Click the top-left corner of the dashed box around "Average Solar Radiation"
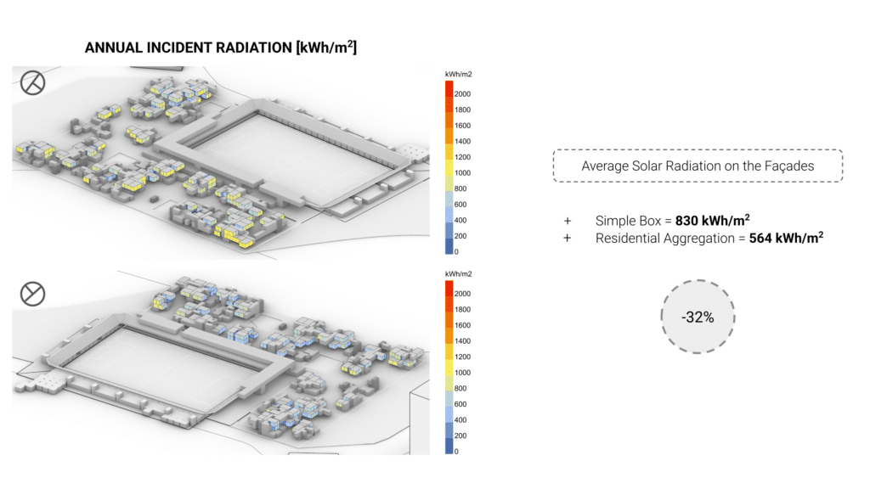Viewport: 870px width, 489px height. point(554,149)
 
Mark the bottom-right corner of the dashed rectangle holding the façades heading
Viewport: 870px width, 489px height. point(842,182)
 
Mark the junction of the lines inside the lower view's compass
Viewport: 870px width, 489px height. point(33,294)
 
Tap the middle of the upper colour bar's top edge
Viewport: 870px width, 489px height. point(449,81)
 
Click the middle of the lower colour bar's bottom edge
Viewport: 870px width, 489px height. point(449,454)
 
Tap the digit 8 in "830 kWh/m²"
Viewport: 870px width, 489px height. point(680,221)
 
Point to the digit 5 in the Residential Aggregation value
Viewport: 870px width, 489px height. point(754,239)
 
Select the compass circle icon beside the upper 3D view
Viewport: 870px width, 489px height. point(33,82)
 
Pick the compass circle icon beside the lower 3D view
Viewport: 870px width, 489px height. point(33,294)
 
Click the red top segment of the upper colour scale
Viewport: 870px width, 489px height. point(449,88)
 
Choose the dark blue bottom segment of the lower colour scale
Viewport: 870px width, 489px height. point(449,447)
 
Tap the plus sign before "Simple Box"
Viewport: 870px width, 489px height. point(567,222)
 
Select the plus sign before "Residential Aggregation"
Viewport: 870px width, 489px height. point(567,239)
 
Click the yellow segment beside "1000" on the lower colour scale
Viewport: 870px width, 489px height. point(449,368)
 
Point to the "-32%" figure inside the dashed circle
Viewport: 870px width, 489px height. point(698,318)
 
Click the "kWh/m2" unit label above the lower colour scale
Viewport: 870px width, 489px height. point(458,274)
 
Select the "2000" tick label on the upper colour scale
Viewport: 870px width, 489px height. point(462,94)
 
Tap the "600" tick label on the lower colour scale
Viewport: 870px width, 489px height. point(460,404)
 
